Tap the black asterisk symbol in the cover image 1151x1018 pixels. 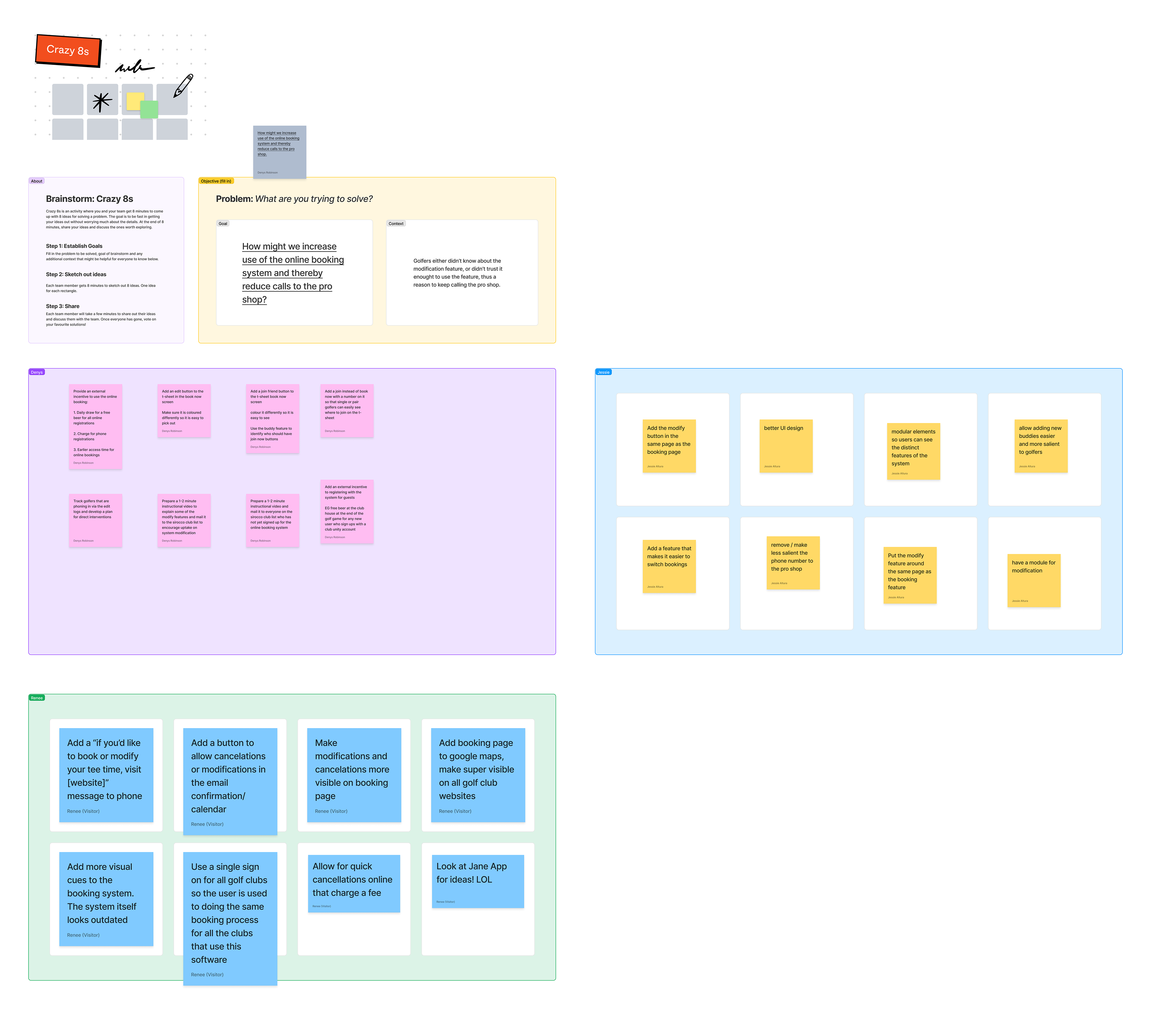(102, 101)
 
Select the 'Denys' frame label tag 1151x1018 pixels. (37, 372)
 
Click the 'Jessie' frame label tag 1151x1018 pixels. (603, 372)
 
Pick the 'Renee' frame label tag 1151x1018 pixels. (37, 698)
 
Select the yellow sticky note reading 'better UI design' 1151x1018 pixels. (786, 446)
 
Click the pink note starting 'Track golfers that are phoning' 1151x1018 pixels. (95, 520)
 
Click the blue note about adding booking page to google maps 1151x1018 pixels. (477, 774)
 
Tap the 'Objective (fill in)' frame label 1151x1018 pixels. (216, 181)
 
